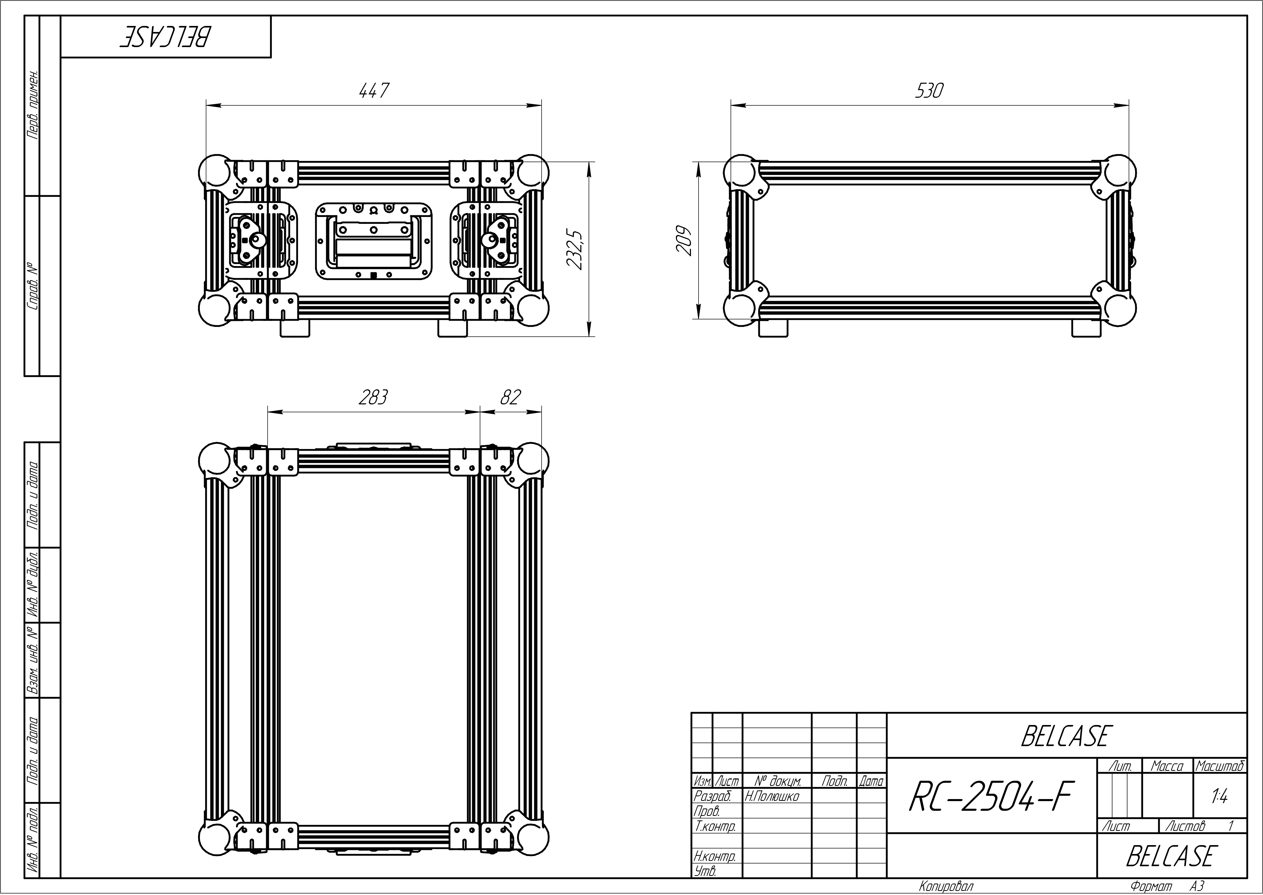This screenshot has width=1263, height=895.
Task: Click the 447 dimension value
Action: [374, 90]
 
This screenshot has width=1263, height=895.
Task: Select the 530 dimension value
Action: [929, 90]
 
